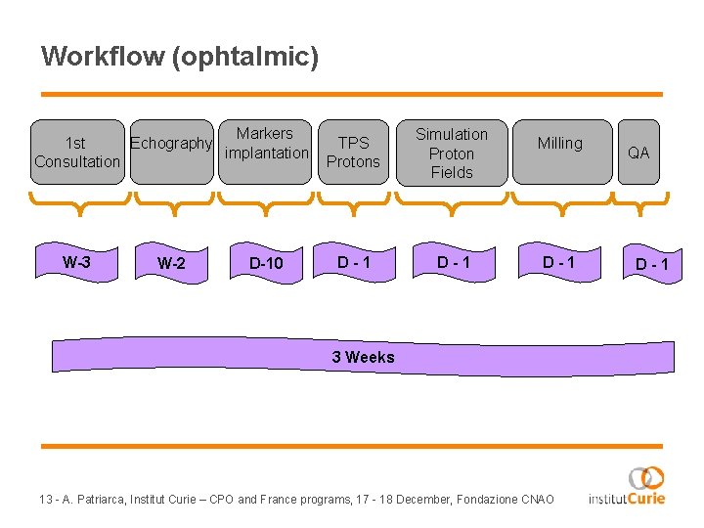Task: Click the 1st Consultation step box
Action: [76, 152]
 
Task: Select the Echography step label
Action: [171, 144]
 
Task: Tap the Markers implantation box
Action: [265, 144]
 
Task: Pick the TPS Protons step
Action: [353, 152]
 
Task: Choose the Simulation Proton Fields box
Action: [451, 153]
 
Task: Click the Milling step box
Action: [560, 144]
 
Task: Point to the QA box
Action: [638, 153]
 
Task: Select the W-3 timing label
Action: [76, 261]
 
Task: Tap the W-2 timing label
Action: [171, 263]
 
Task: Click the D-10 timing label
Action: [266, 263]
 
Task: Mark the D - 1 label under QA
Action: [652, 264]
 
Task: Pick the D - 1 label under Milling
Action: [559, 262]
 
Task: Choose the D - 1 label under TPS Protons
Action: [353, 262]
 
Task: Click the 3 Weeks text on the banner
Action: [363, 357]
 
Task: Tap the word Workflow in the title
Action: [102, 56]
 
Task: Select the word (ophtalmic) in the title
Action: [244, 57]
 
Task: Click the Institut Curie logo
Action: [628, 486]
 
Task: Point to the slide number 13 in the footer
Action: [46, 500]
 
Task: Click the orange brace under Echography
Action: [172, 201]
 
